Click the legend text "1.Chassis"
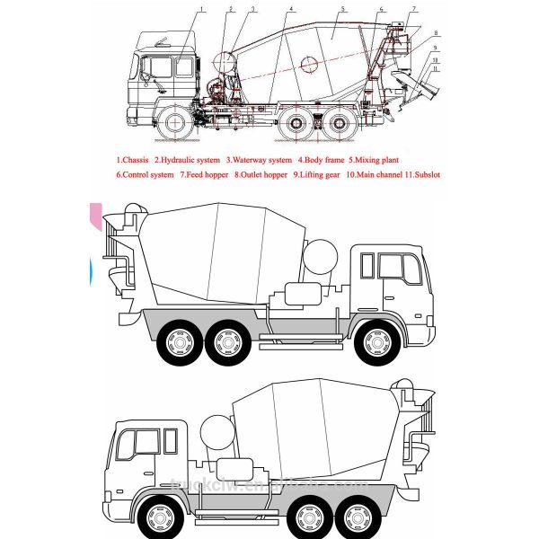[132, 161]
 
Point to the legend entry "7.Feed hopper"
[203, 174]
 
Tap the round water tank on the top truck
[225, 62]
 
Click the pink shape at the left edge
[93, 216]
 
